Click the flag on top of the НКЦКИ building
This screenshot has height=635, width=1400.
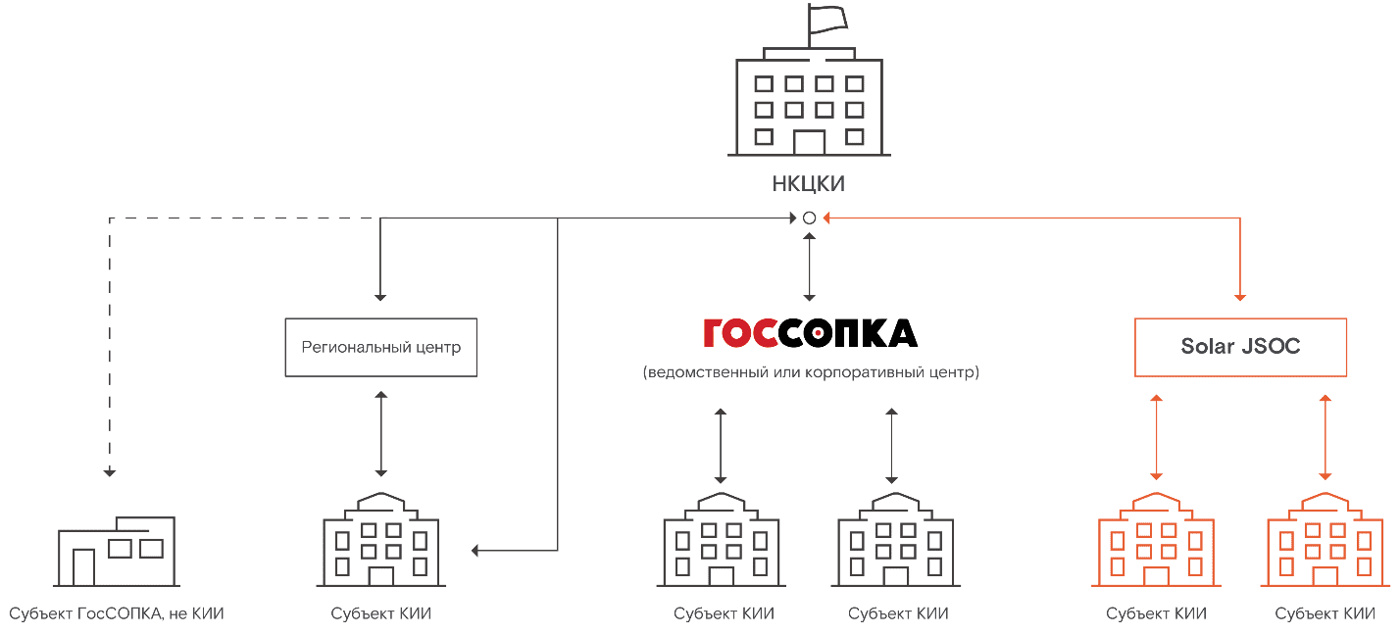pos(826,19)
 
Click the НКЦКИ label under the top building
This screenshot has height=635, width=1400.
pos(809,184)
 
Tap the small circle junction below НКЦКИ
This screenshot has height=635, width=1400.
pos(809,218)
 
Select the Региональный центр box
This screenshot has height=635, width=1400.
pos(380,347)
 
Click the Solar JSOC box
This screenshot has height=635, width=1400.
pos(1240,347)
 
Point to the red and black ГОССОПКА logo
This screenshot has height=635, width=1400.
pos(810,333)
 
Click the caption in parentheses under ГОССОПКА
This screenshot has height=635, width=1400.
pos(810,372)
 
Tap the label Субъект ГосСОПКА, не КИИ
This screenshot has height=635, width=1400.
pos(117,614)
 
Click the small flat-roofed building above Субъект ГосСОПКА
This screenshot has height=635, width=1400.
pos(117,551)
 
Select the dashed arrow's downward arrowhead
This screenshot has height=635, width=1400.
pos(110,472)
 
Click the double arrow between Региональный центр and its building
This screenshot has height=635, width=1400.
pos(381,433)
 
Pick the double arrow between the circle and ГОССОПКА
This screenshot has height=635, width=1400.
pos(809,266)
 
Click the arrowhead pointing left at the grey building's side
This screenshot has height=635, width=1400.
pos(475,550)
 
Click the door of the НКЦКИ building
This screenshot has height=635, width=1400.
pos(809,143)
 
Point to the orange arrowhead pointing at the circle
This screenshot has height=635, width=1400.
pos(825,218)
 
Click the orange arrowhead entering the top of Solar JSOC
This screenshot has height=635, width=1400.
pos(1240,295)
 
